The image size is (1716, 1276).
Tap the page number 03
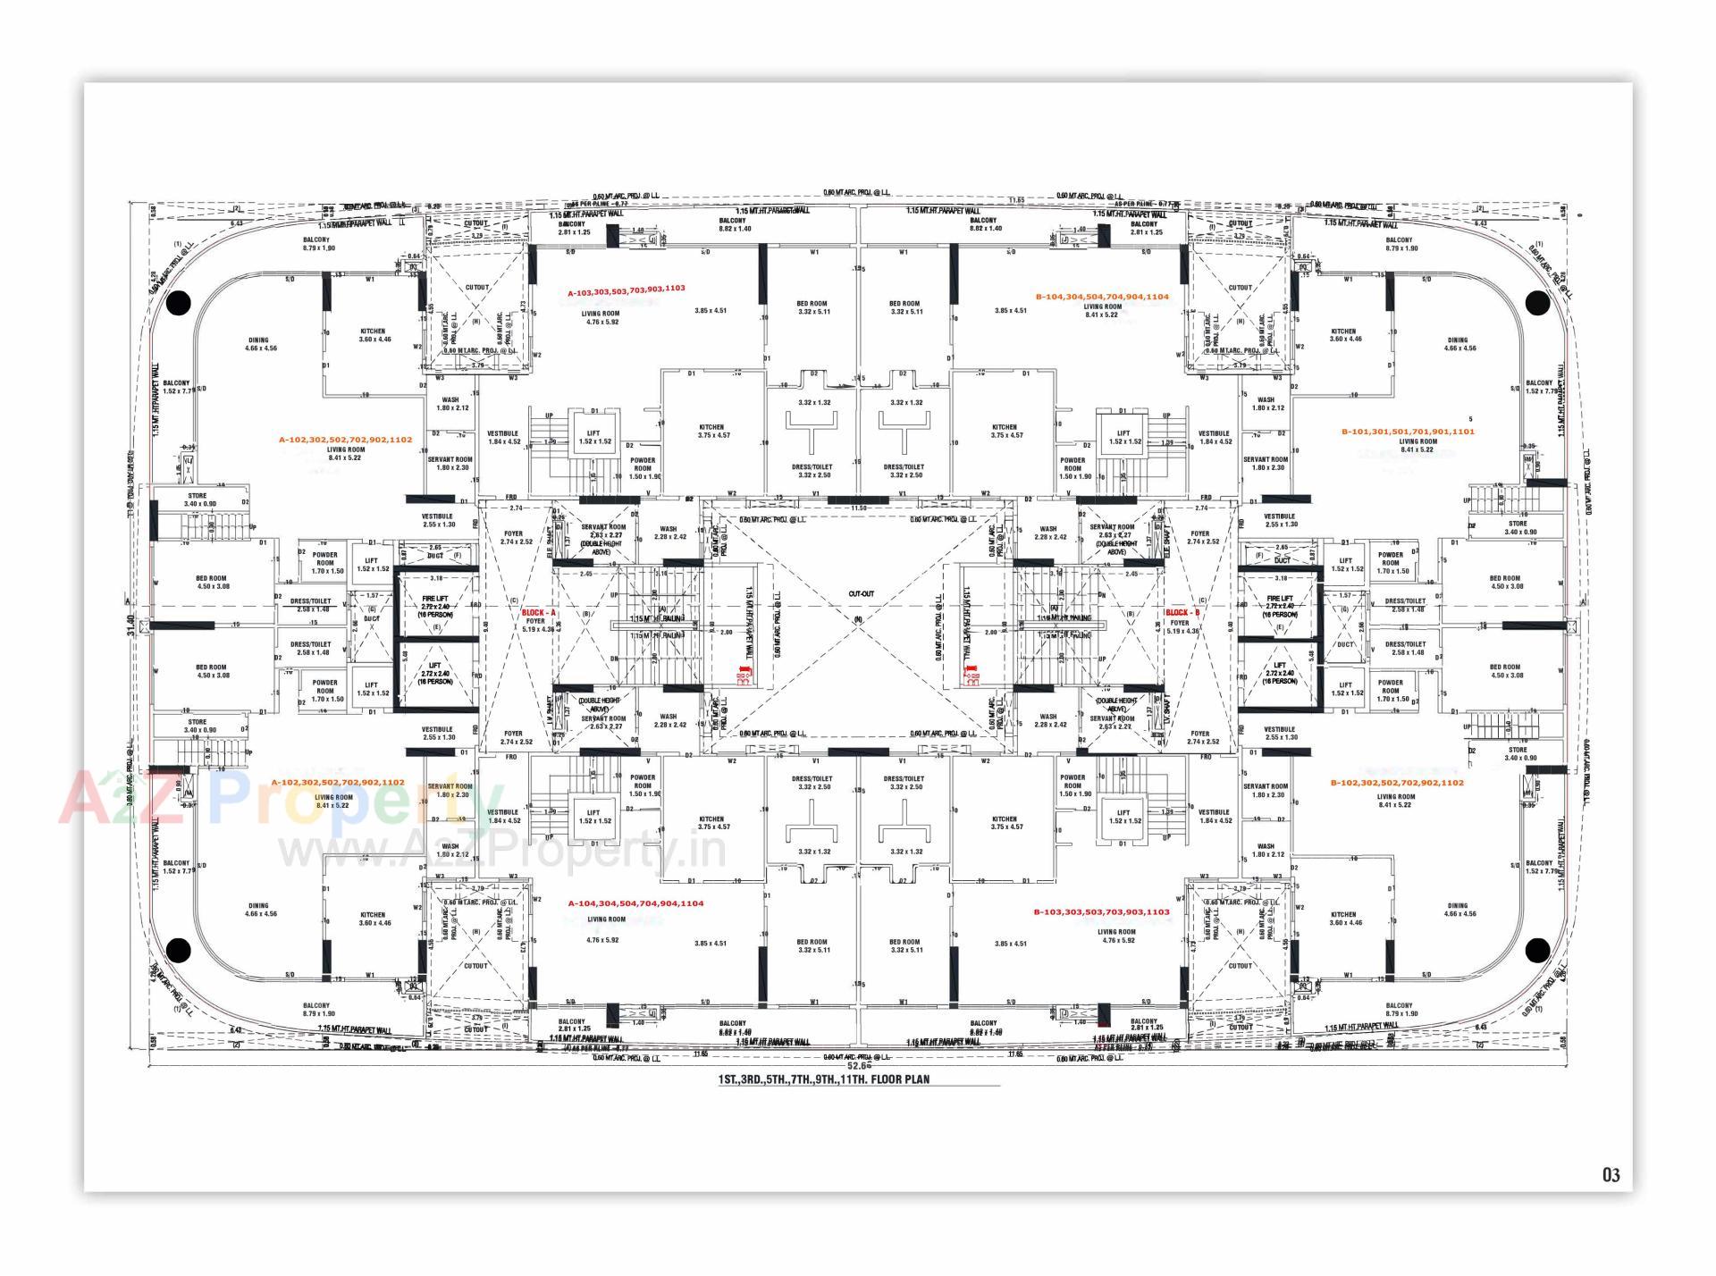point(1611,1175)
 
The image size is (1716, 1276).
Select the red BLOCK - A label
point(539,612)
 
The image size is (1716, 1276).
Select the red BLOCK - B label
point(1182,612)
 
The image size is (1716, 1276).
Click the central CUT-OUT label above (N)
point(862,593)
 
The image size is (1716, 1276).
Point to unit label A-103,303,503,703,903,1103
point(627,290)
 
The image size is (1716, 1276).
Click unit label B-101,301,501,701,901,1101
point(1408,432)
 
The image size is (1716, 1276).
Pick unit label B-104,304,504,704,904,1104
point(1102,297)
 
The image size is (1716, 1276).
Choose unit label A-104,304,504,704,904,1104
point(635,903)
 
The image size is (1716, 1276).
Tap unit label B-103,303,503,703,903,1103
point(1101,912)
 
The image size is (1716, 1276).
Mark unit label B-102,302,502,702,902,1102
point(1397,783)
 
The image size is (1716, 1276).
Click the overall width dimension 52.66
point(859,1065)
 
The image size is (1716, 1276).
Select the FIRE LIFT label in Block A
point(435,599)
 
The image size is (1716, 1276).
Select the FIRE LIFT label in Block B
point(1280,599)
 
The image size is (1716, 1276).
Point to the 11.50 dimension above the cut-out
point(859,508)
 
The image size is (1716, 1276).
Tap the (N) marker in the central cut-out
point(859,618)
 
